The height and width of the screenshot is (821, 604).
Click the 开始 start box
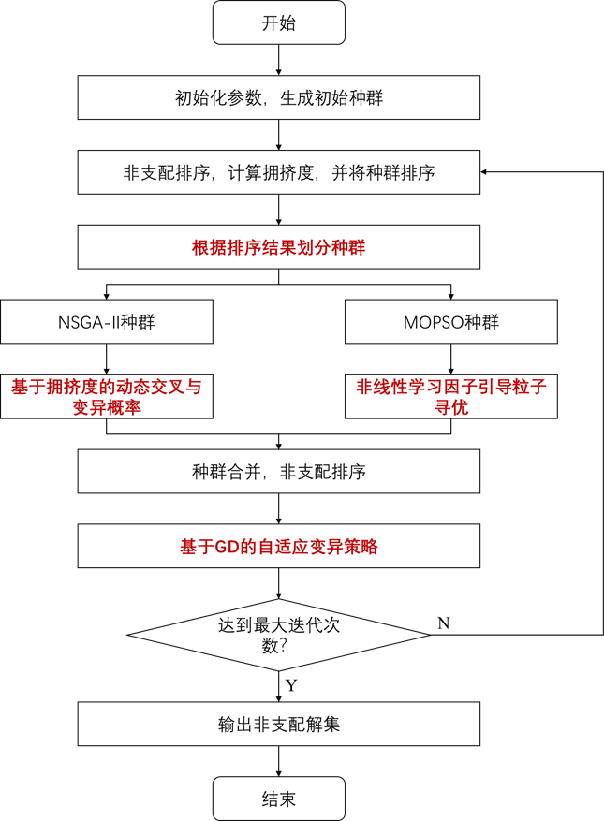tap(278, 22)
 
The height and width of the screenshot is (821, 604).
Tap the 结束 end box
tap(278, 799)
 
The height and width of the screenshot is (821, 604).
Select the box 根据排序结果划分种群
tap(278, 247)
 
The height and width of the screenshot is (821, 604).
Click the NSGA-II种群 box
tap(106, 322)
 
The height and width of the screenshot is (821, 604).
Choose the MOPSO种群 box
tap(450, 322)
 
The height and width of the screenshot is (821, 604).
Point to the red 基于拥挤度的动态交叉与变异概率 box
tap(106, 397)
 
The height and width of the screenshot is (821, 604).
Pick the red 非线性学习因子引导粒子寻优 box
tap(450, 397)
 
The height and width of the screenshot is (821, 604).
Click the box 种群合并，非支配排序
tap(278, 472)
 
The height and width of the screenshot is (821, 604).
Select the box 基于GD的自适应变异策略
tap(278, 547)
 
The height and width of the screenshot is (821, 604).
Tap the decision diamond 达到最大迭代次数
tap(278, 636)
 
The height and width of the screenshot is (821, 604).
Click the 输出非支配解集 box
tap(278, 725)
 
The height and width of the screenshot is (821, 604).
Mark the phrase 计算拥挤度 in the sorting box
tap(272, 172)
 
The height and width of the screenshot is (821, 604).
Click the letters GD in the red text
tap(228, 547)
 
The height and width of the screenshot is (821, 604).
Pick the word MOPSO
tap(433, 322)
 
